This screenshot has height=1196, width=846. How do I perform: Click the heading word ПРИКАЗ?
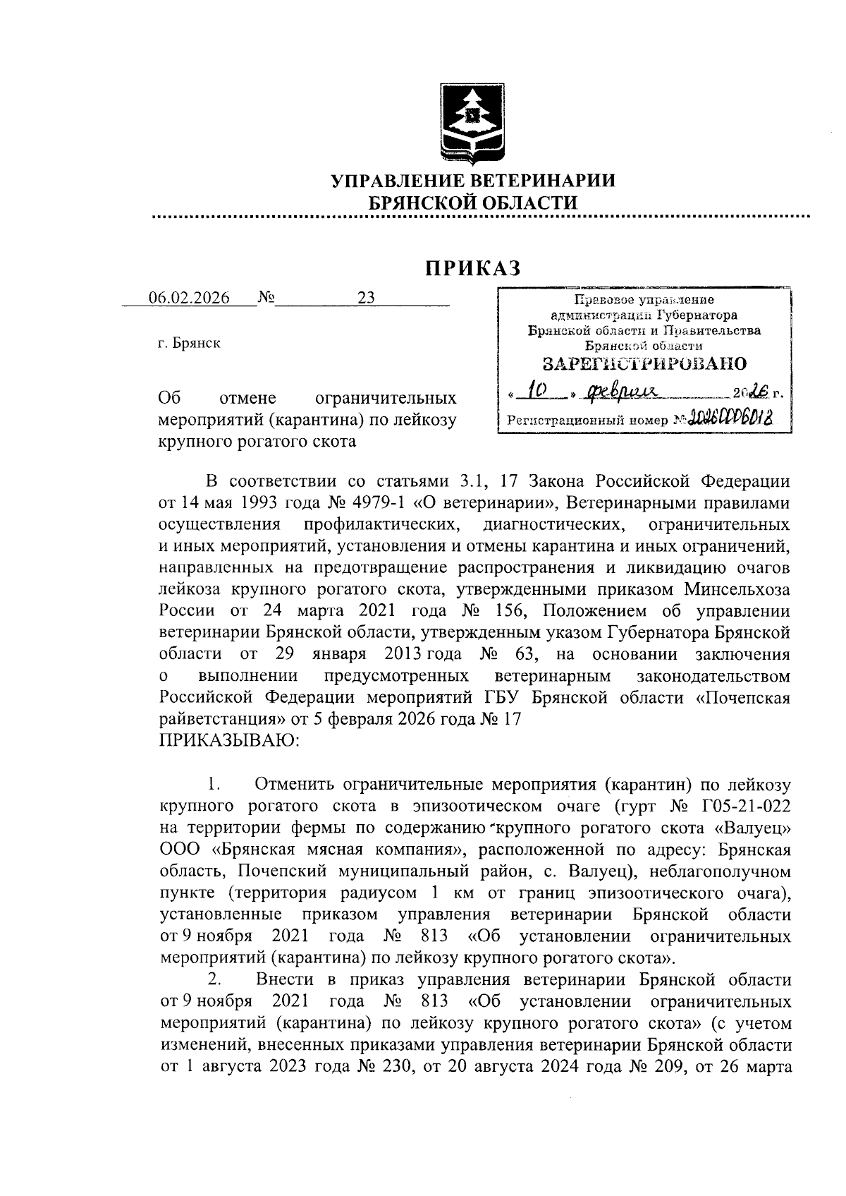click(x=472, y=268)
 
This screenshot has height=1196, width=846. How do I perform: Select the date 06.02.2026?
click(x=189, y=298)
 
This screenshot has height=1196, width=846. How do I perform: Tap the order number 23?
click(x=366, y=298)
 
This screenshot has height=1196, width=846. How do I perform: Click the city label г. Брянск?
click(x=189, y=344)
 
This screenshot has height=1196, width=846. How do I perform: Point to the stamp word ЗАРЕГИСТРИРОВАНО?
click(x=644, y=364)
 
